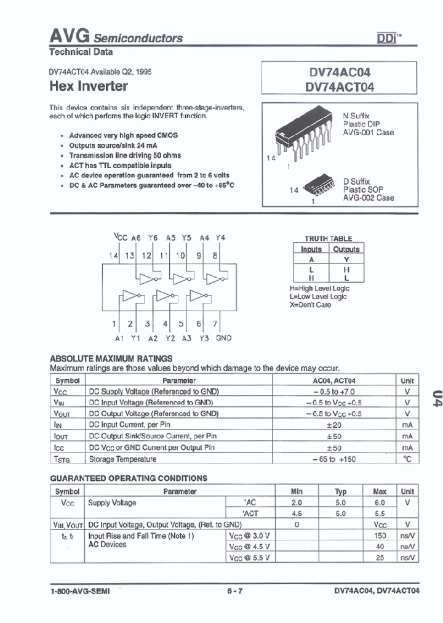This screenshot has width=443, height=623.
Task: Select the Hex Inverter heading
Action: (88, 86)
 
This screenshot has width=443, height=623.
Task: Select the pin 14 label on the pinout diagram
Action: (113, 255)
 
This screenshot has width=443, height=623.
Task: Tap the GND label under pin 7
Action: (223, 338)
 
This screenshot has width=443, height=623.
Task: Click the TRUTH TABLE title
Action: (329, 238)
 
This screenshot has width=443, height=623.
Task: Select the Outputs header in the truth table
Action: (346, 249)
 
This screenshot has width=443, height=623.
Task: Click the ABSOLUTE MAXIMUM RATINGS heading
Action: (111, 358)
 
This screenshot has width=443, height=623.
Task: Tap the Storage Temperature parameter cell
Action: (123, 459)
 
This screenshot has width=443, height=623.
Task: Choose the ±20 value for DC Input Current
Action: (334, 425)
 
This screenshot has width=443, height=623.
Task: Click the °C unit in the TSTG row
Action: (407, 459)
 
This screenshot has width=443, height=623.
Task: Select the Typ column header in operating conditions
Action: (340, 491)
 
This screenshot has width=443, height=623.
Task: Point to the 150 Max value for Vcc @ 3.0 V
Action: (379, 536)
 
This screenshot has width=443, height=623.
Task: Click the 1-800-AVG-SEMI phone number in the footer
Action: (82, 591)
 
